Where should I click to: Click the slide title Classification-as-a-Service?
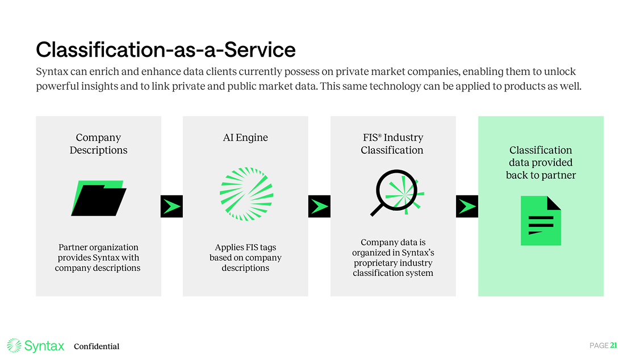click(x=165, y=50)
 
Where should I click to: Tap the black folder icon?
click(x=99, y=198)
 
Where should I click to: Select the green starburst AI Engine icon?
click(x=246, y=194)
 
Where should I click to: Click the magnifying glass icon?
click(x=396, y=194)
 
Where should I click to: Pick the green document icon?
click(x=541, y=221)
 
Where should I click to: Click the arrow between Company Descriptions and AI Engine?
click(x=171, y=206)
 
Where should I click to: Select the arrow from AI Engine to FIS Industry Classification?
click(x=319, y=206)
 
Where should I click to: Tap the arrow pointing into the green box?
click(x=467, y=206)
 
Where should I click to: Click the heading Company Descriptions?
click(x=98, y=144)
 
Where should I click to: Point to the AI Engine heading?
click(x=245, y=137)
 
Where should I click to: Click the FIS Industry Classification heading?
click(x=392, y=144)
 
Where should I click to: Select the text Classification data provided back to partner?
click(x=541, y=162)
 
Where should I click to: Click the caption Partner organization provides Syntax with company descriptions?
click(x=98, y=257)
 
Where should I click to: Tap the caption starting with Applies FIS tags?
click(x=245, y=257)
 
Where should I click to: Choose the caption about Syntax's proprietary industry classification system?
click(x=393, y=257)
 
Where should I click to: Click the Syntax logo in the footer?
click(x=36, y=345)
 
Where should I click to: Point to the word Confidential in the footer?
click(x=97, y=346)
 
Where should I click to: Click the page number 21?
click(x=613, y=345)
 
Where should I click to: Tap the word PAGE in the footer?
click(x=599, y=345)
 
